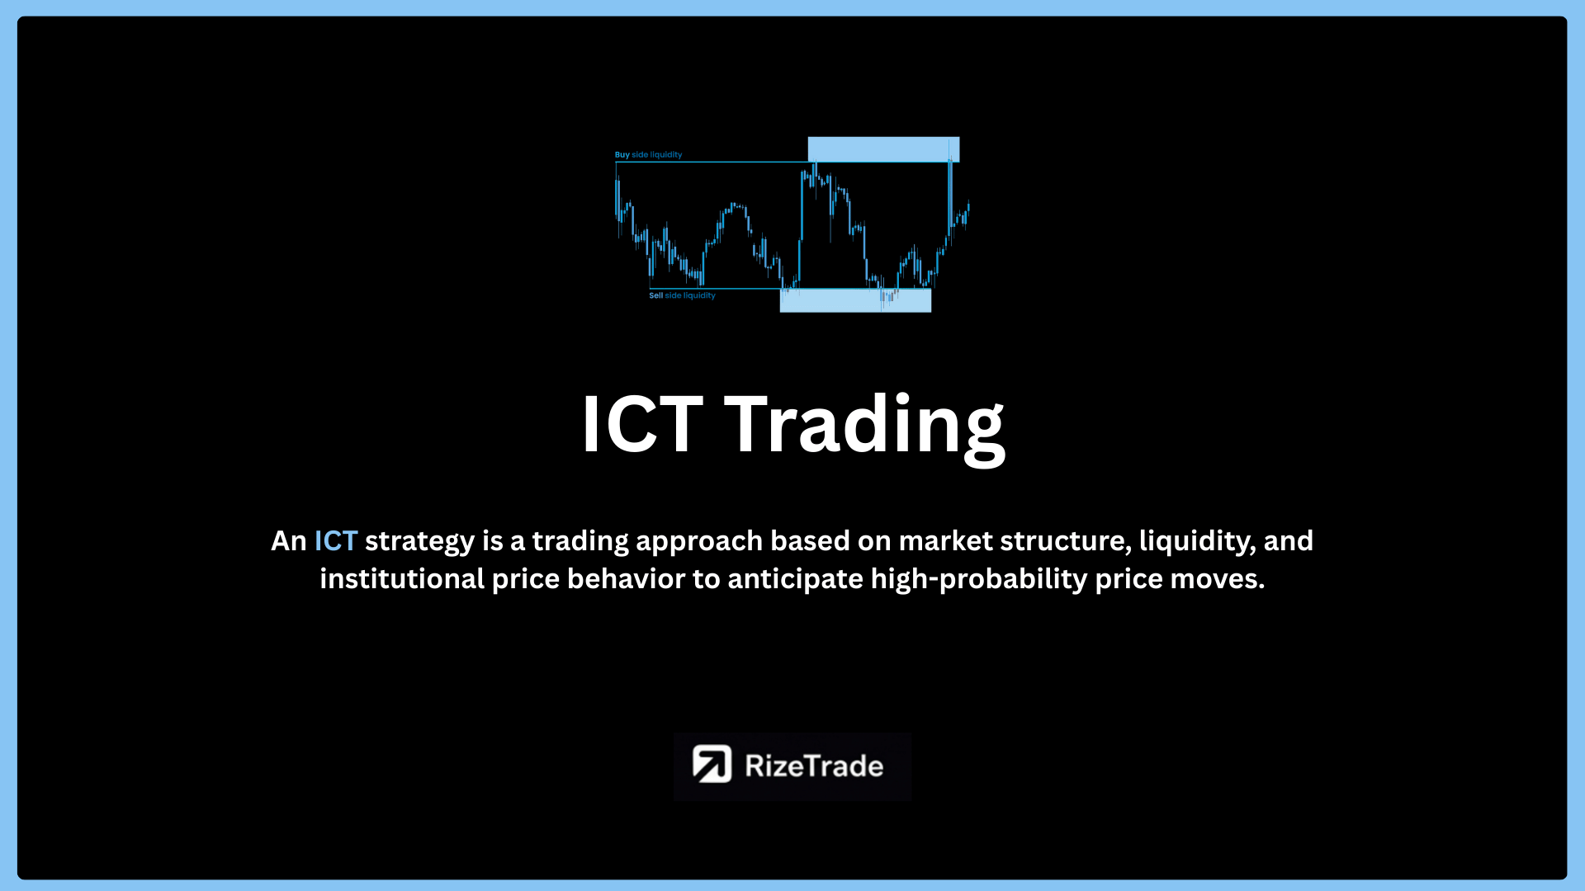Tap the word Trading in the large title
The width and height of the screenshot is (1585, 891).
(864, 428)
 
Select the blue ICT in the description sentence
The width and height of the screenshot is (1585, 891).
(335, 541)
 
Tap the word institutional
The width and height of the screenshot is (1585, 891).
(402, 578)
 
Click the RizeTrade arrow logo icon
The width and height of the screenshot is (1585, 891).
(712, 764)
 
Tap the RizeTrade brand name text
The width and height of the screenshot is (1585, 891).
(814, 766)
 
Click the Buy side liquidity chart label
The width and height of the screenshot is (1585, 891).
(648, 154)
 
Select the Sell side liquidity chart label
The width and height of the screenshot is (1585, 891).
(682, 295)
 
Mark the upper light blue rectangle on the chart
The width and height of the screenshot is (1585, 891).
(883, 149)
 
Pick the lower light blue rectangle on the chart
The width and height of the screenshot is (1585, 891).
(855, 300)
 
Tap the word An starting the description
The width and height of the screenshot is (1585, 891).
(289, 541)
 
